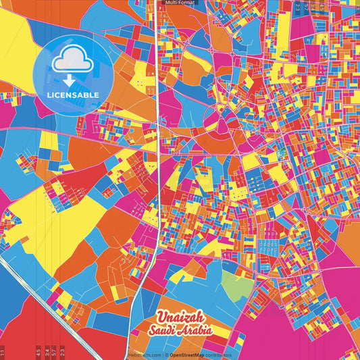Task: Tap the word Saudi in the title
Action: [165, 331]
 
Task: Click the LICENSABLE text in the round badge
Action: [73, 95]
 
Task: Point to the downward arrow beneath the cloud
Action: [73, 78]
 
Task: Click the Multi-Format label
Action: [180, 3]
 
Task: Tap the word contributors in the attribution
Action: [219, 355]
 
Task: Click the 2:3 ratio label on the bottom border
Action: [62, 352]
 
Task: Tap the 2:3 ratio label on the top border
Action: [298, 7]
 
